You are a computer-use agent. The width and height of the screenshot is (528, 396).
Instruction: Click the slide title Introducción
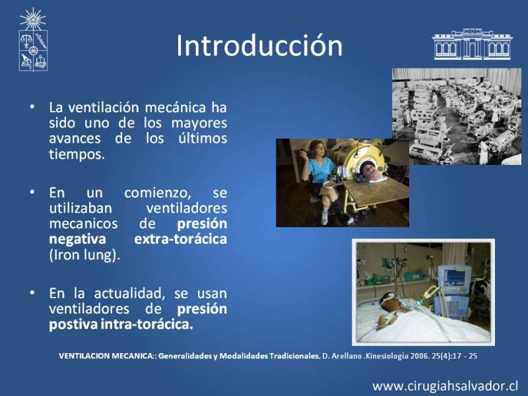point(259,46)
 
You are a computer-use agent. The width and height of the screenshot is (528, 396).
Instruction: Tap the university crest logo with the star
point(33,40)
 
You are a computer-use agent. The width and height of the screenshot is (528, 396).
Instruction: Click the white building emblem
point(472,44)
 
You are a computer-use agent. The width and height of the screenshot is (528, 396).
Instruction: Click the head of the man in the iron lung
point(370,170)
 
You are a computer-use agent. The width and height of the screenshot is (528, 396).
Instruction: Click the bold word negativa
point(77,240)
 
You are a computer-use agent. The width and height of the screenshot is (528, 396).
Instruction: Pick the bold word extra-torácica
point(180,239)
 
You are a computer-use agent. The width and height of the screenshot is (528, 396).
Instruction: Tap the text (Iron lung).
point(84,255)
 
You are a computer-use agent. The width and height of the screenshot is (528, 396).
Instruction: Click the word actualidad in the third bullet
point(129,294)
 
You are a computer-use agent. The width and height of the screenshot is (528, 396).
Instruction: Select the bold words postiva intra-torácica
point(121,325)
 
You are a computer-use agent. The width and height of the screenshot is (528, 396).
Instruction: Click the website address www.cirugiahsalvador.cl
point(445,386)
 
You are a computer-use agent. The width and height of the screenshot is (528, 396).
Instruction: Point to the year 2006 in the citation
point(418,356)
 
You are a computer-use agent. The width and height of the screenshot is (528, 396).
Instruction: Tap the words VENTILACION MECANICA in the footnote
point(106,356)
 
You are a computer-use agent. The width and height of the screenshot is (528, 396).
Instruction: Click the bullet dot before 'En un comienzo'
point(32,192)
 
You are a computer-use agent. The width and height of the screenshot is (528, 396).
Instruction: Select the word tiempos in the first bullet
point(77,154)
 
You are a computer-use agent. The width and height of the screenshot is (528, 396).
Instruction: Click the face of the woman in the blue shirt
point(318,147)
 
